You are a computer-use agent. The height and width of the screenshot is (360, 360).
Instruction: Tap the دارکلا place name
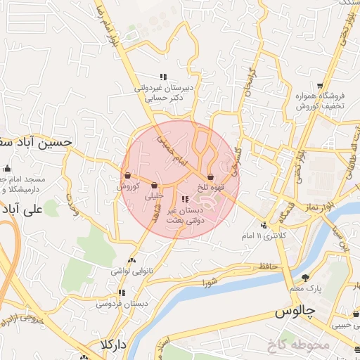click(112, 345)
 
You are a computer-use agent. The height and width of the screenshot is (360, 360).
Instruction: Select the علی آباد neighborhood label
click(22, 209)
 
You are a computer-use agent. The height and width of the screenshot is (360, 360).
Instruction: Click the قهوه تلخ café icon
click(211, 176)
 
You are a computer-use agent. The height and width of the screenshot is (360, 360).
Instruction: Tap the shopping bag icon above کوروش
click(127, 176)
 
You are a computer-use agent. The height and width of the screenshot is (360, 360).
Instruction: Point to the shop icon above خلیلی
click(154, 186)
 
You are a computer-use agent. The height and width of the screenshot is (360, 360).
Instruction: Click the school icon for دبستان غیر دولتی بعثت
click(185, 200)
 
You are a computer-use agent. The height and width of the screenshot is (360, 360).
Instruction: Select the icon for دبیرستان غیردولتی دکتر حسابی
click(163, 77)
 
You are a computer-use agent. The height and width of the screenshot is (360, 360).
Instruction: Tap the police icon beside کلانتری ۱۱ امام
click(264, 225)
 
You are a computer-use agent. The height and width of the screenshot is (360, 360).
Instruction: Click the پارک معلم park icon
click(305, 278)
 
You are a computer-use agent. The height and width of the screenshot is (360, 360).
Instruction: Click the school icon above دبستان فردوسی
click(122, 292)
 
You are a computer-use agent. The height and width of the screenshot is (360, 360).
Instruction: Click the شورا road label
click(210, 283)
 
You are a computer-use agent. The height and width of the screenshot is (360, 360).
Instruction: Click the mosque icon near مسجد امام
click(7, 169)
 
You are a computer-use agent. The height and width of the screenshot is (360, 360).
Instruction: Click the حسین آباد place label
click(35, 141)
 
